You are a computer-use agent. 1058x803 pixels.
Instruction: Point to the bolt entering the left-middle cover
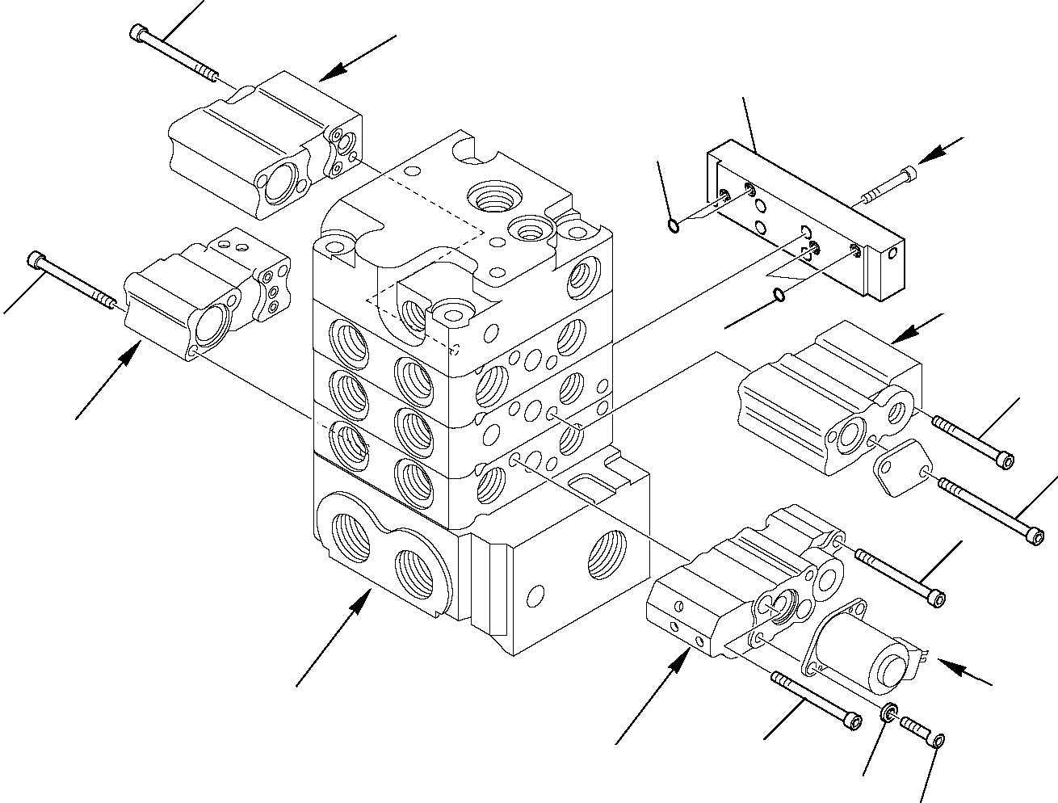[x=73, y=281]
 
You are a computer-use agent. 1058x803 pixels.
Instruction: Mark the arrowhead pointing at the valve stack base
[x=363, y=603]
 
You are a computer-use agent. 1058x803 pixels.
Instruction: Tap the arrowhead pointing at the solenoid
[x=951, y=667]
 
